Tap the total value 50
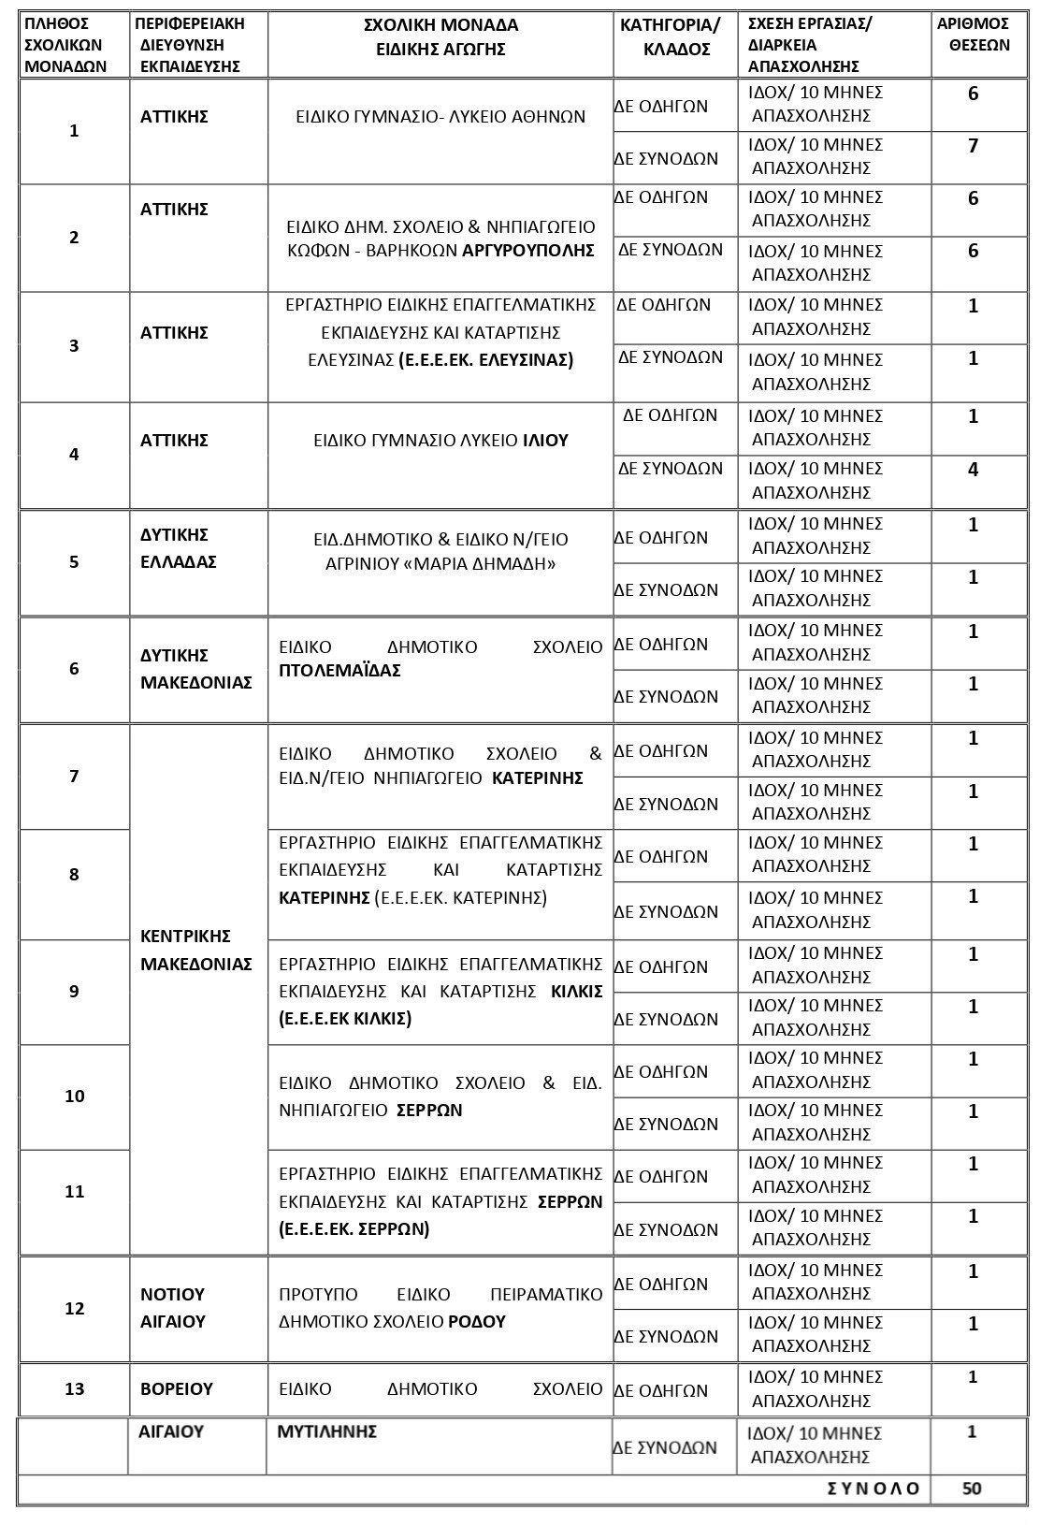(x=972, y=1489)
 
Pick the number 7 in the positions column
(x=973, y=146)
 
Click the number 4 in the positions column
(x=973, y=469)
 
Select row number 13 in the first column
(x=74, y=1389)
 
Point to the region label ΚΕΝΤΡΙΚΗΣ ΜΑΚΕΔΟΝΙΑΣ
(x=196, y=950)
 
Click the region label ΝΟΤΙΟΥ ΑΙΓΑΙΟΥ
(x=173, y=1308)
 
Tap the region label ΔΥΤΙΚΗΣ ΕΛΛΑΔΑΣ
(x=178, y=548)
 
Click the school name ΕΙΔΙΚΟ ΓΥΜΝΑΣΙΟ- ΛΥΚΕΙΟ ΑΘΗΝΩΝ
(x=440, y=117)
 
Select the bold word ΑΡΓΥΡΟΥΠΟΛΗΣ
(x=528, y=250)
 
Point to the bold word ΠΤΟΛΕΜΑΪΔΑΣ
(x=339, y=671)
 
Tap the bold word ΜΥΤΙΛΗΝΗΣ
(x=326, y=1431)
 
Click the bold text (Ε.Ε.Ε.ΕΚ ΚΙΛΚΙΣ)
(x=345, y=1019)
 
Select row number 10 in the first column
(x=75, y=1097)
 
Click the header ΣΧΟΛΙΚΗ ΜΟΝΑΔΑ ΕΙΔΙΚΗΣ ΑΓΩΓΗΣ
(x=440, y=37)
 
